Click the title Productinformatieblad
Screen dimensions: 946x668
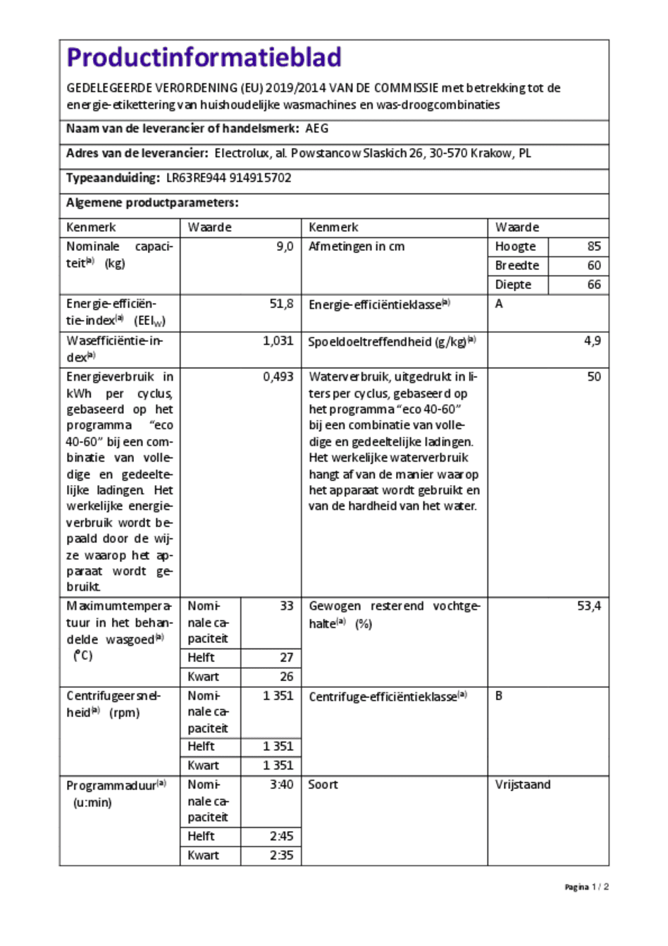[x=204, y=57]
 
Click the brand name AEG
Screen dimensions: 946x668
[x=316, y=128]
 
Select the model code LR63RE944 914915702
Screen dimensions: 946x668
[x=228, y=178]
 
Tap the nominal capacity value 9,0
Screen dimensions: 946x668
[x=285, y=247]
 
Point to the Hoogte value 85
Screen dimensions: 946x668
[x=594, y=247]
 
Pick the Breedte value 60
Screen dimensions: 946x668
[x=594, y=266]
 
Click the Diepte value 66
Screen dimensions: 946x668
[x=594, y=285]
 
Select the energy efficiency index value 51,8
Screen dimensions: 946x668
[x=281, y=304]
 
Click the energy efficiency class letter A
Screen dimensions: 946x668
[x=499, y=304]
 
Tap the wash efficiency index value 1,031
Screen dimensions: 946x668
[x=278, y=340]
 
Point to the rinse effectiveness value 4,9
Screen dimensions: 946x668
[x=593, y=340]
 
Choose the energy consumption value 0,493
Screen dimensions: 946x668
[x=278, y=377]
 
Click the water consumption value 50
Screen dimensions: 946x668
[x=594, y=377]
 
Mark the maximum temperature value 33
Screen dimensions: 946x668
[x=286, y=606]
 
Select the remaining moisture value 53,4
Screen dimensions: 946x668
[x=588, y=606]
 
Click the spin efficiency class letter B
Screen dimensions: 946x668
[x=499, y=696]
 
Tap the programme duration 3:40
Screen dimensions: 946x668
[x=281, y=785]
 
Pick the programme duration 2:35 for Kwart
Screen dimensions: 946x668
[x=281, y=855]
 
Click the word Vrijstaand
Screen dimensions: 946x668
[x=522, y=785]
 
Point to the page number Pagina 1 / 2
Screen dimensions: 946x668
[x=586, y=887]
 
